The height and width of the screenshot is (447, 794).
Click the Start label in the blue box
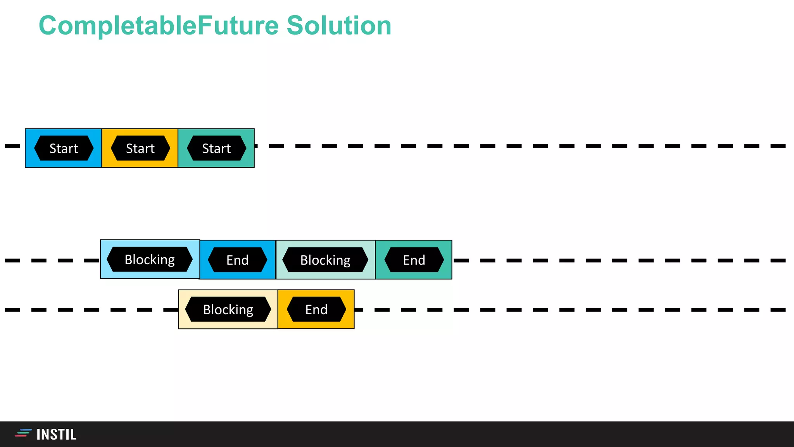64,148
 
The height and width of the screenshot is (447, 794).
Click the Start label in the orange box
140,148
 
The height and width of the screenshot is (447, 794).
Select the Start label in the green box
216,148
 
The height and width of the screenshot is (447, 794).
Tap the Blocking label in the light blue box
150,260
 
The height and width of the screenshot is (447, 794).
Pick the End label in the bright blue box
237,260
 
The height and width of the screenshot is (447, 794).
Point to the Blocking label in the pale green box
325,260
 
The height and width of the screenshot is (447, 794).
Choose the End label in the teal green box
414,260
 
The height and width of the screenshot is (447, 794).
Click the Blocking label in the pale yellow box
228,310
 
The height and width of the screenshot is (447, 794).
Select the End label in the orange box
316,310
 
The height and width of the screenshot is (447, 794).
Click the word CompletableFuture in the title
159,26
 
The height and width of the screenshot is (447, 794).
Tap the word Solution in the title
339,26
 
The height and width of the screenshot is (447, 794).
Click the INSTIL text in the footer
57,435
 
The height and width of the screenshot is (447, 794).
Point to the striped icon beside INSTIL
23,433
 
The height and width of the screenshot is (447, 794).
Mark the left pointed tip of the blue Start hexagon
35,148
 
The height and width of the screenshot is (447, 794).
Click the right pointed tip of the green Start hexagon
246,148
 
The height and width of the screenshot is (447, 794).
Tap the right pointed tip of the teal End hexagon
444,260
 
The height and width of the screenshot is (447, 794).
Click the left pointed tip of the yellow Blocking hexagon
186,310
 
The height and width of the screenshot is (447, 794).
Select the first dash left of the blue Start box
12,146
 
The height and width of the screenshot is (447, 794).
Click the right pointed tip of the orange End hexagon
346,310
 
